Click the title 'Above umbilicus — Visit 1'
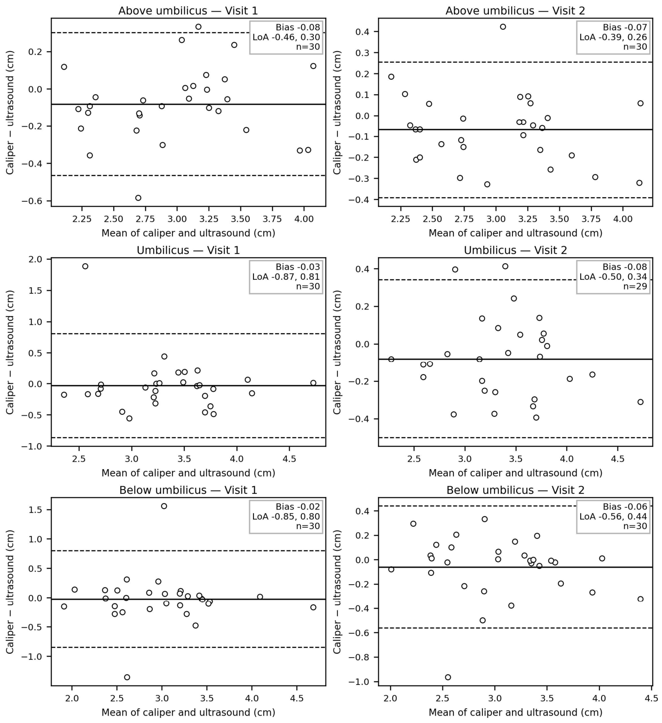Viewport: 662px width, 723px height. (188, 10)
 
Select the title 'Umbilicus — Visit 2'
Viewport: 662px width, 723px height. (515, 250)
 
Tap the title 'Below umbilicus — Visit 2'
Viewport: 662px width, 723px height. (515, 490)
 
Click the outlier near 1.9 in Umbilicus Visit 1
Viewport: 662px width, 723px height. (85, 266)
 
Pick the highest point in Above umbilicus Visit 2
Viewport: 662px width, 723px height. (503, 27)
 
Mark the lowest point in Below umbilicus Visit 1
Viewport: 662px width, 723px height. (127, 677)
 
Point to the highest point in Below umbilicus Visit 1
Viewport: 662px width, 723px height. (164, 506)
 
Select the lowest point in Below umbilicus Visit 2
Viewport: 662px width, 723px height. (448, 677)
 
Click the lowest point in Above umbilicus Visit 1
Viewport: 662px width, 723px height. (138, 198)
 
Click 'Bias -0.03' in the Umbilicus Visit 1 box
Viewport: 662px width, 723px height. (298, 267)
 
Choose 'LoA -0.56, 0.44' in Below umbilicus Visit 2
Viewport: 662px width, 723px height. (613, 516)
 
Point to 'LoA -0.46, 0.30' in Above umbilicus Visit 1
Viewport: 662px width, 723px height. (286, 37)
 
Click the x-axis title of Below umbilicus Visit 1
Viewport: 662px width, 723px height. (188, 712)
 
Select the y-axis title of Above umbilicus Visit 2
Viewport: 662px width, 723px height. (337, 112)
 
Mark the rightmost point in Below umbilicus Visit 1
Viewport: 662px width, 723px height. (313, 607)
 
